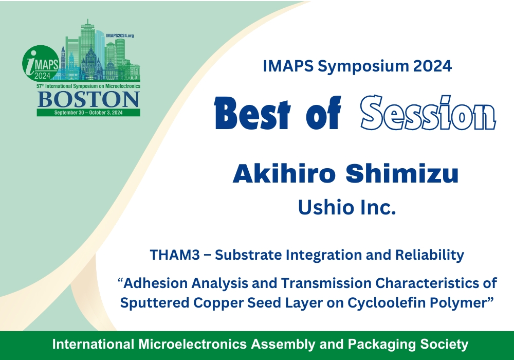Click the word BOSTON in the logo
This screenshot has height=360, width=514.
tap(88, 100)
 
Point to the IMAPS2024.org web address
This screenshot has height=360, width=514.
tap(120, 35)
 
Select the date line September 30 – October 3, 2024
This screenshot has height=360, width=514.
tap(88, 113)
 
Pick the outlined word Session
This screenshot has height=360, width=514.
tap(428, 113)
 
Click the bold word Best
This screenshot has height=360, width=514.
tap(252, 113)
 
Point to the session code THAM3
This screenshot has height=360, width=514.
tap(175, 255)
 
